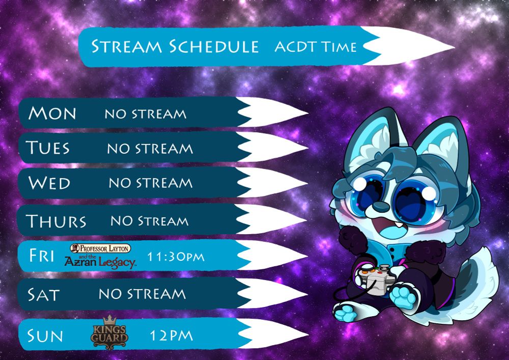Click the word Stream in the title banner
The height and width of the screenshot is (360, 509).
click(126, 46)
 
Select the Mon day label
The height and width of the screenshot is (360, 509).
click(52, 113)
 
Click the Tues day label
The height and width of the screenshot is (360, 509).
click(48, 148)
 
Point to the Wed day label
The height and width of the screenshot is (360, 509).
click(49, 183)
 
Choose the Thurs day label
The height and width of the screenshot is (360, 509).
click(56, 221)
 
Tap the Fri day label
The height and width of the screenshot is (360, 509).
click(42, 256)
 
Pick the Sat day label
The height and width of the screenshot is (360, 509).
click(43, 295)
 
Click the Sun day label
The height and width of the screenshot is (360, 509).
click(45, 336)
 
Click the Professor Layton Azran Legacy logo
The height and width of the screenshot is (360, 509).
click(101, 256)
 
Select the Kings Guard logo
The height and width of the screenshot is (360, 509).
click(109, 333)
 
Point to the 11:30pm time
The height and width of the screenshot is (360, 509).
click(176, 257)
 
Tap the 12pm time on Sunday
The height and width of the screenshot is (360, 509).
click(172, 336)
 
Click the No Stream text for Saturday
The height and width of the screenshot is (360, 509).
click(142, 294)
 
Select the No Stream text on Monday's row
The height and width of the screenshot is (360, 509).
click(146, 114)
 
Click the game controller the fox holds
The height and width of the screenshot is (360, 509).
click(378, 279)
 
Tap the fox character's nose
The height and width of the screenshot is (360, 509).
click(380, 206)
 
